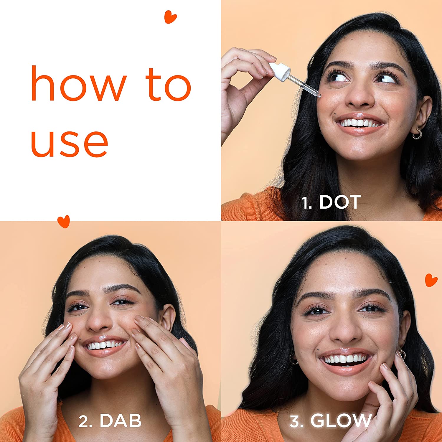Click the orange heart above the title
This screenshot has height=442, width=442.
(170, 17)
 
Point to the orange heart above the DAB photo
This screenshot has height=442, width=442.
(64, 221)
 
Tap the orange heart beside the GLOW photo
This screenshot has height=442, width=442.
(431, 280)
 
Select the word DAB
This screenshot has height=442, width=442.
(121, 420)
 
